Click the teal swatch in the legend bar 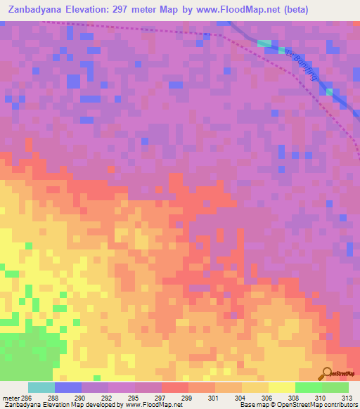point(41,387)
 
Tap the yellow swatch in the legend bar point(281,387)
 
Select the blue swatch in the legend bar point(67,387)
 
